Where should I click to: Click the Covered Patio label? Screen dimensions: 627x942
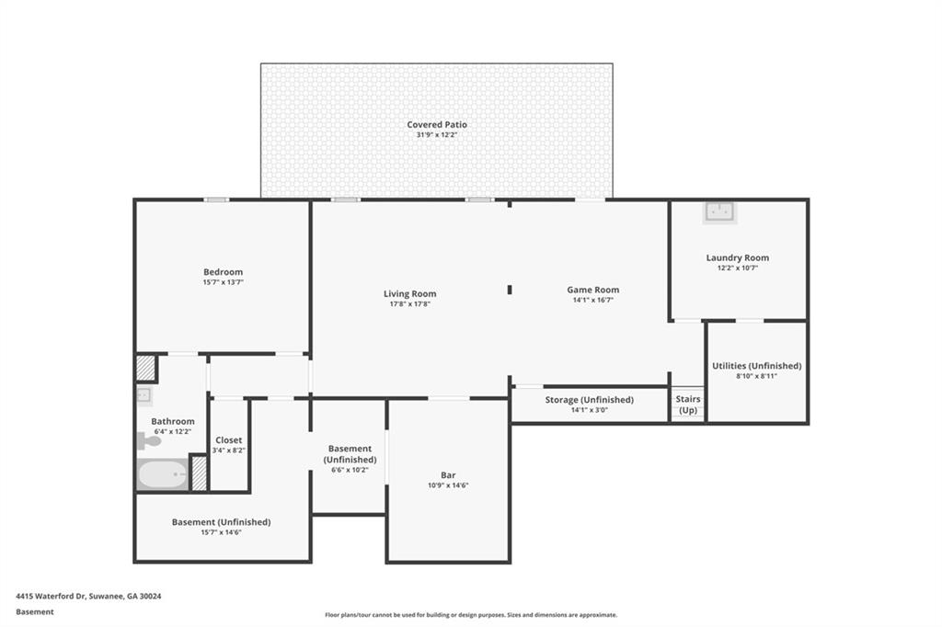click(x=437, y=124)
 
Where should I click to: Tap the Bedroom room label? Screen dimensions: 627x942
click(x=223, y=272)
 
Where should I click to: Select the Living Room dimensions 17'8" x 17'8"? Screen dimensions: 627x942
click(x=410, y=304)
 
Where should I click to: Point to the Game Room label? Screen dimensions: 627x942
click(x=592, y=290)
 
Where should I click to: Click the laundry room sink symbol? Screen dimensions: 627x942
click(x=718, y=212)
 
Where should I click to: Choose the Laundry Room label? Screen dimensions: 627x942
click(x=737, y=258)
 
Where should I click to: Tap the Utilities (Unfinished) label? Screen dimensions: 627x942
click(x=756, y=366)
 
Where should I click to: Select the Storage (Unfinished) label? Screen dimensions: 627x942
click(x=589, y=400)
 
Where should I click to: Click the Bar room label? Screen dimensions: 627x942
click(x=448, y=475)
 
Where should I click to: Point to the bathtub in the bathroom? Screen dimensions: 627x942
click(x=162, y=474)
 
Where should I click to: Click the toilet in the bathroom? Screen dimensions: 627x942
click(x=148, y=441)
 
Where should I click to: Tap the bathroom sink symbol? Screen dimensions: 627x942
click(x=144, y=395)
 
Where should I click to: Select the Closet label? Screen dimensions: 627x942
click(x=229, y=440)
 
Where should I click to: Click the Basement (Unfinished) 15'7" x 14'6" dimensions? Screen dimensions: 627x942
click(x=221, y=532)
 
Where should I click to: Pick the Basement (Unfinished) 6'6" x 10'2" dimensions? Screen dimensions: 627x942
click(x=350, y=469)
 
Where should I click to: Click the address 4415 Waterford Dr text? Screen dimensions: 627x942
click(x=88, y=596)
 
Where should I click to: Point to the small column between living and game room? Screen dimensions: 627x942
click(x=509, y=291)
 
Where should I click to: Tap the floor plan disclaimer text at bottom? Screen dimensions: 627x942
click(x=470, y=615)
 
